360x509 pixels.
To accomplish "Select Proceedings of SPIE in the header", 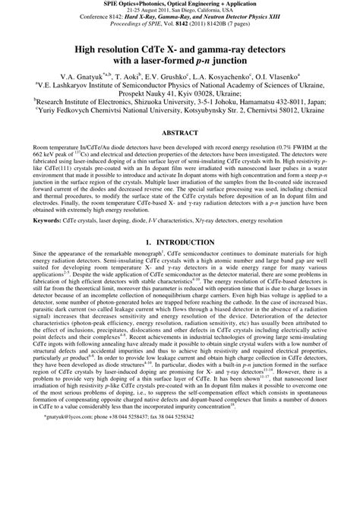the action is pos(134,28).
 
